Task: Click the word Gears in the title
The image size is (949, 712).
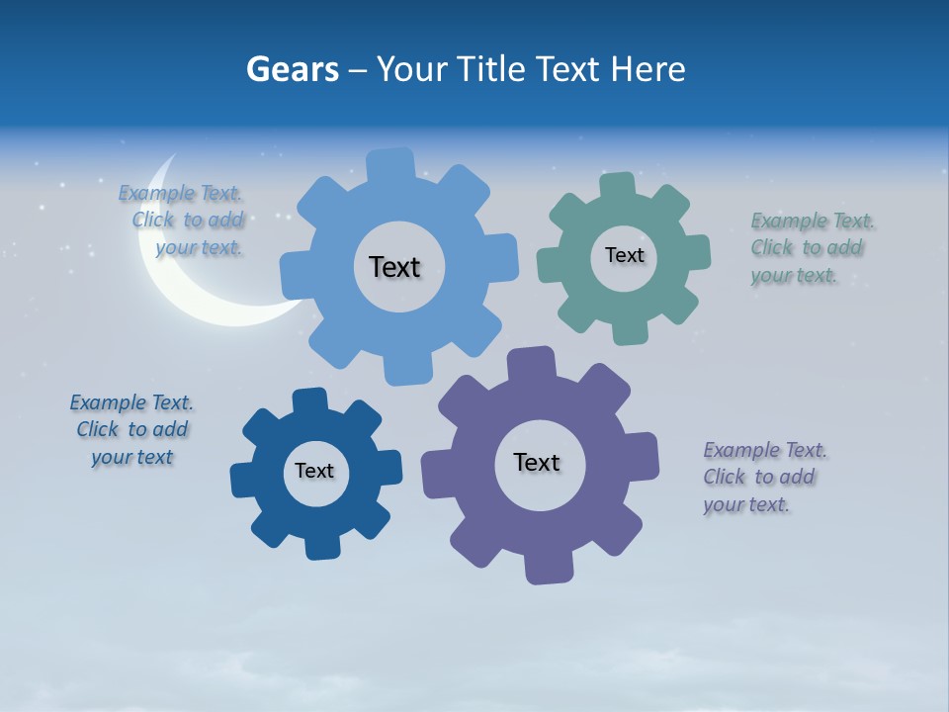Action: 293,70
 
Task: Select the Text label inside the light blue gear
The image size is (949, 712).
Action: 394,267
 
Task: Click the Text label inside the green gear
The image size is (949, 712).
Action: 624,255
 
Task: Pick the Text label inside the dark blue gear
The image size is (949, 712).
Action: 314,471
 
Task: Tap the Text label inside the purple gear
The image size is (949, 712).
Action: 537,462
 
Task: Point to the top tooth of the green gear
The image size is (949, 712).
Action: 619,187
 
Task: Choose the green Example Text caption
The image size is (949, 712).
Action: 812,248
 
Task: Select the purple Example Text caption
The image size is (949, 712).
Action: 764,477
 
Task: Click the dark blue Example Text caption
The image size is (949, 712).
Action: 131,430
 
